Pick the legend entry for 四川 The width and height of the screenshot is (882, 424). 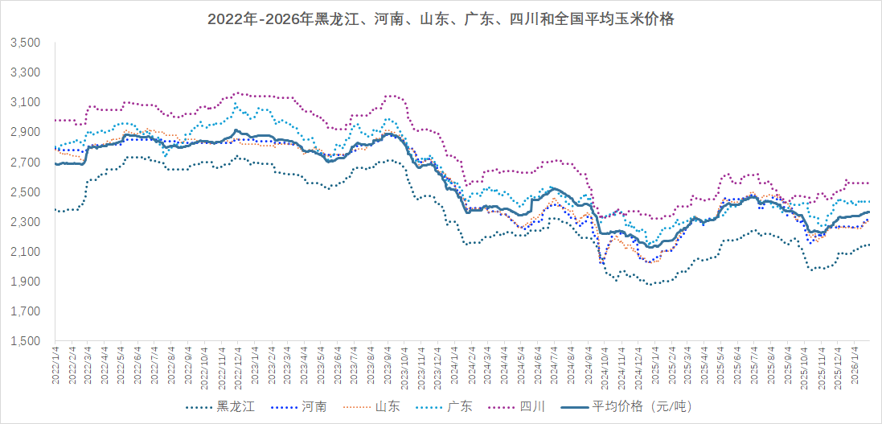point(532,407)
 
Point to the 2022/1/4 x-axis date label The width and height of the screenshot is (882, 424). point(55,367)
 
